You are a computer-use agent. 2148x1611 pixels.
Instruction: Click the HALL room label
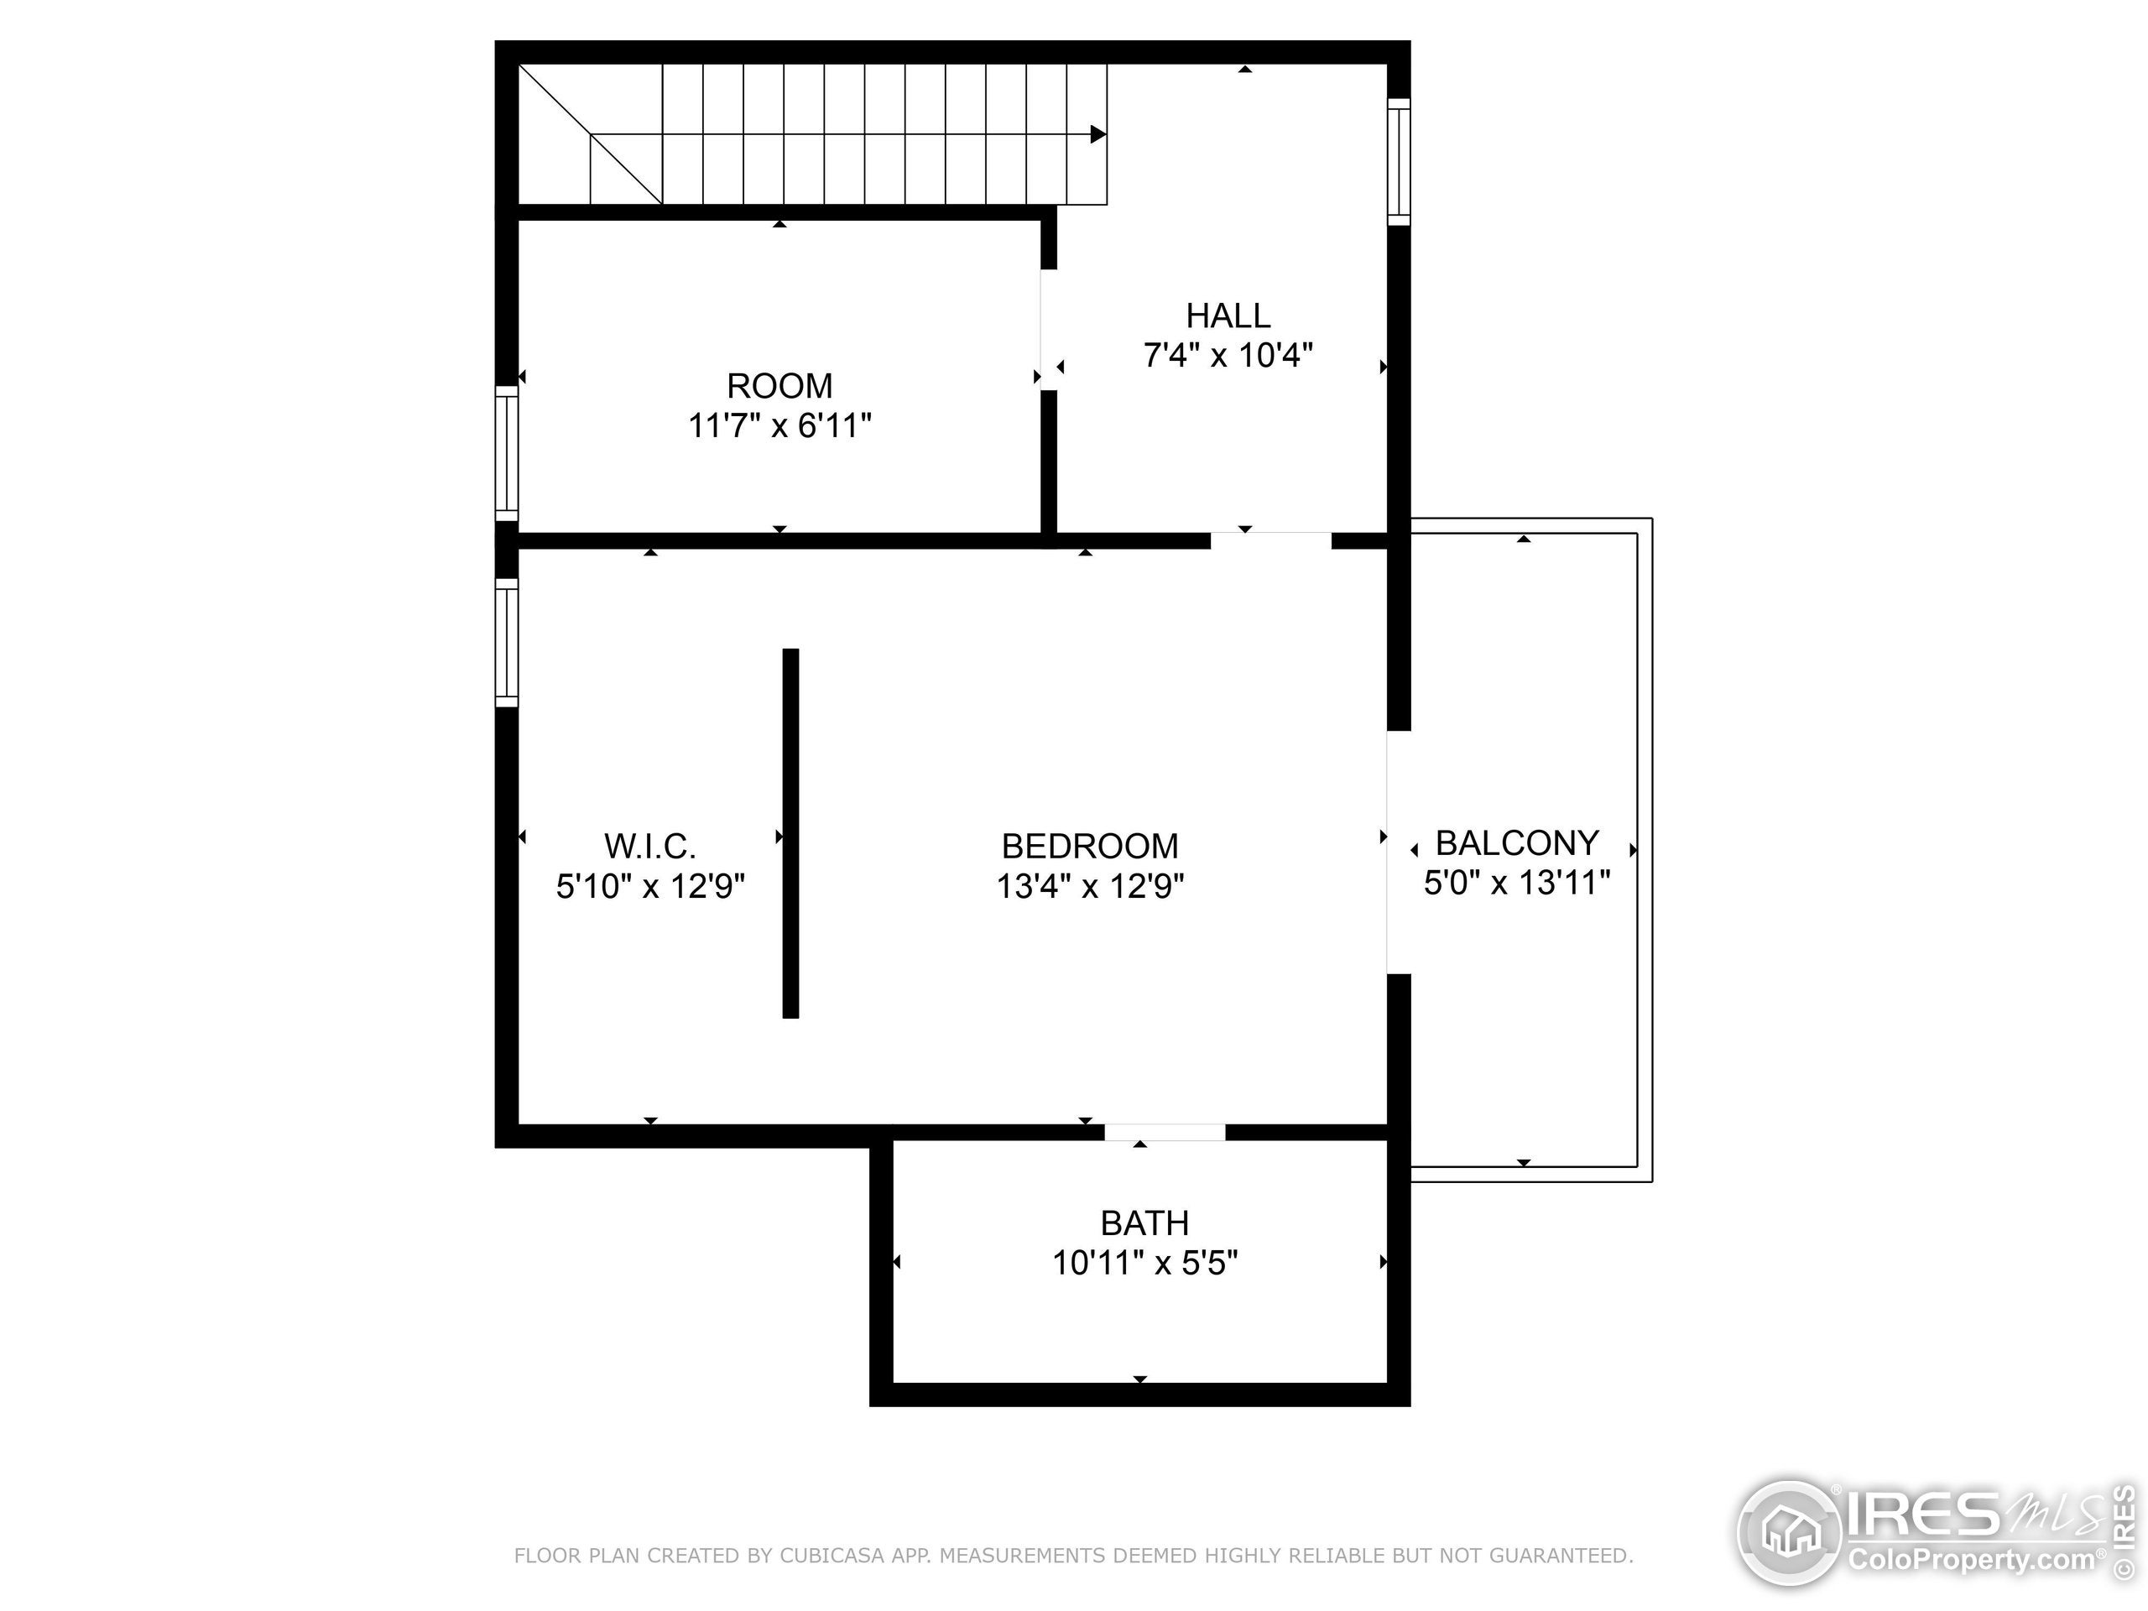point(1228,315)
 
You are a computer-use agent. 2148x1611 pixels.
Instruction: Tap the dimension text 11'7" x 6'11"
point(779,426)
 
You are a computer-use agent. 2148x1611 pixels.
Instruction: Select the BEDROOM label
point(1090,846)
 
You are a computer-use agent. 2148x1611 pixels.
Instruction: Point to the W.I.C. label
point(649,846)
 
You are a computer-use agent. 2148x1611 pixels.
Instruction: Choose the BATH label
point(1144,1223)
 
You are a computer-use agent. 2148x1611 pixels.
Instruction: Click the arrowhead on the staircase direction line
point(1098,134)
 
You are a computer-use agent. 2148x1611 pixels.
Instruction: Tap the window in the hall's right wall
point(1399,161)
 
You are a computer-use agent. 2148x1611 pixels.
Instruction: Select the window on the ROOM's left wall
point(506,453)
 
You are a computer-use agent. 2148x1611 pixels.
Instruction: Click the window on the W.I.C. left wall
point(506,643)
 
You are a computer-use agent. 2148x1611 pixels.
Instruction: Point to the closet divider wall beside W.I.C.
point(790,833)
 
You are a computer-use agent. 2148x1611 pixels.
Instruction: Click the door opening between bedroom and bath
point(1165,1132)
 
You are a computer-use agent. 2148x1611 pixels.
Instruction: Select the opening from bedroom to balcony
point(1396,852)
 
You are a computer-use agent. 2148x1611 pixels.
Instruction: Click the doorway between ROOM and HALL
point(1048,329)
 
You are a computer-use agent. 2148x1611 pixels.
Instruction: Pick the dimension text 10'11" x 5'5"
point(1144,1264)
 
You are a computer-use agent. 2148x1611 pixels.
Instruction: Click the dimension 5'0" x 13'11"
point(1517,883)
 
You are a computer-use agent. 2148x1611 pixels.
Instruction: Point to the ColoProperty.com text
point(1971,1561)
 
